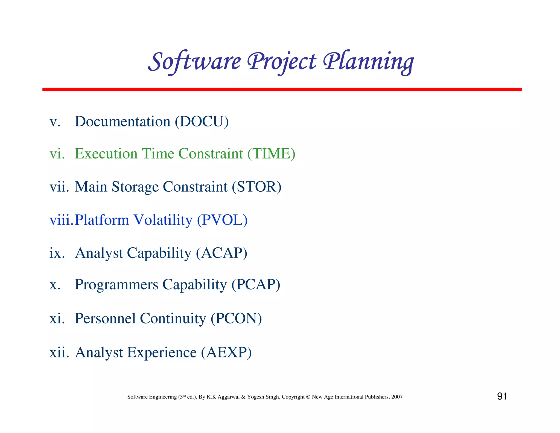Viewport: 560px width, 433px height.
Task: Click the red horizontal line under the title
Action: tap(282, 90)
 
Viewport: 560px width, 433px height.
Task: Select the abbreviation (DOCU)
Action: tap(202, 122)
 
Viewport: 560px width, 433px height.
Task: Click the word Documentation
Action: tap(122, 122)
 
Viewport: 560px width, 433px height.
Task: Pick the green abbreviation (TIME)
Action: tap(271, 154)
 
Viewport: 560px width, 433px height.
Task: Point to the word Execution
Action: tap(106, 154)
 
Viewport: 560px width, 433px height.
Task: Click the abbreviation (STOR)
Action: tap(256, 187)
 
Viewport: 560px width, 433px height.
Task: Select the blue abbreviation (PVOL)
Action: tap(222, 220)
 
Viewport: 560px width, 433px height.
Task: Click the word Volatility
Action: tap(163, 220)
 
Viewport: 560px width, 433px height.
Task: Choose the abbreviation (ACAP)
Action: tap(221, 253)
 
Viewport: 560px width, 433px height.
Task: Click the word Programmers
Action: tap(116, 285)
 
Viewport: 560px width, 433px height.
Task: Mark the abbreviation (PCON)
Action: tap(236, 319)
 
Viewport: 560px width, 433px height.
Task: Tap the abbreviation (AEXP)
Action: tap(226, 353)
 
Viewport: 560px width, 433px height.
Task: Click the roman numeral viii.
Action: tap(61, 220)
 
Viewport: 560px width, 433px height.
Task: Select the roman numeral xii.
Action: tap(59, 353)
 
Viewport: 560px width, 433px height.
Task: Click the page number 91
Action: tap(502, 396)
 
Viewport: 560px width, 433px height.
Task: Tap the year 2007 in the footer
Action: tap(397, 397)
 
